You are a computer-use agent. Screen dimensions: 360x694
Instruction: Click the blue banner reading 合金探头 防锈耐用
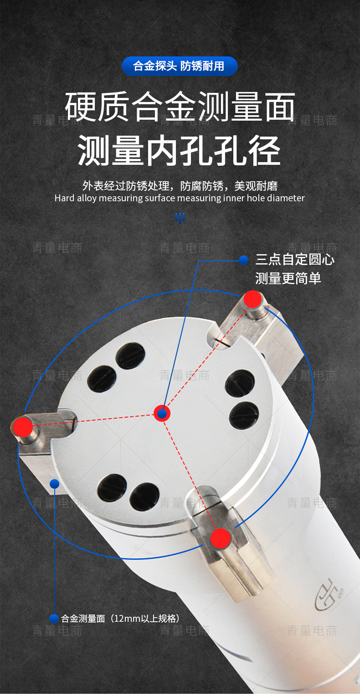[x=180, y=66]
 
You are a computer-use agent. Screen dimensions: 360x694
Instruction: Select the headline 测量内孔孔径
[x=179, y=150]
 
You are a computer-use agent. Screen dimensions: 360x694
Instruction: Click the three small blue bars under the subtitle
[x=180, y=217]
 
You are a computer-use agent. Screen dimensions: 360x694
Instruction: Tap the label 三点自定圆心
[x=295, y=259]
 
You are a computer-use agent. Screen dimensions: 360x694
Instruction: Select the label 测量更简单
[x=288, y=278]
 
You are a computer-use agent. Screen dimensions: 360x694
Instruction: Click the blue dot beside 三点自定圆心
[x=244, y=260]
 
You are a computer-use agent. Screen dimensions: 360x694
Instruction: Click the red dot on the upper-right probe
[x=253, y=299]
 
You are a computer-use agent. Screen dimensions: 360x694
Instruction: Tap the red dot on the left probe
[x=23, y=427]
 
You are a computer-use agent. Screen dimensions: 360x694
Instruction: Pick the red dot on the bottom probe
[x=221, y=539]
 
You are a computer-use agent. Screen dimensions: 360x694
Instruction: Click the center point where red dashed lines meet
[x=162, y=413]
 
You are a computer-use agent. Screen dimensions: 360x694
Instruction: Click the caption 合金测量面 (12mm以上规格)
[x=120, y=618]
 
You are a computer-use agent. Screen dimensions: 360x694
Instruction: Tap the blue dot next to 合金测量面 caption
[x=54, y=619]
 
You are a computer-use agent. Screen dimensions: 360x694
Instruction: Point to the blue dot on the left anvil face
[x=55, y=483]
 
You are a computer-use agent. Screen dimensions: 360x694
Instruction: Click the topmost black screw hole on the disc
[x=130, y=356]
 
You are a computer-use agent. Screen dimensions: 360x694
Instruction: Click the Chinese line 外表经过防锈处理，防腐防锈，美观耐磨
[x=180, y=186]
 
